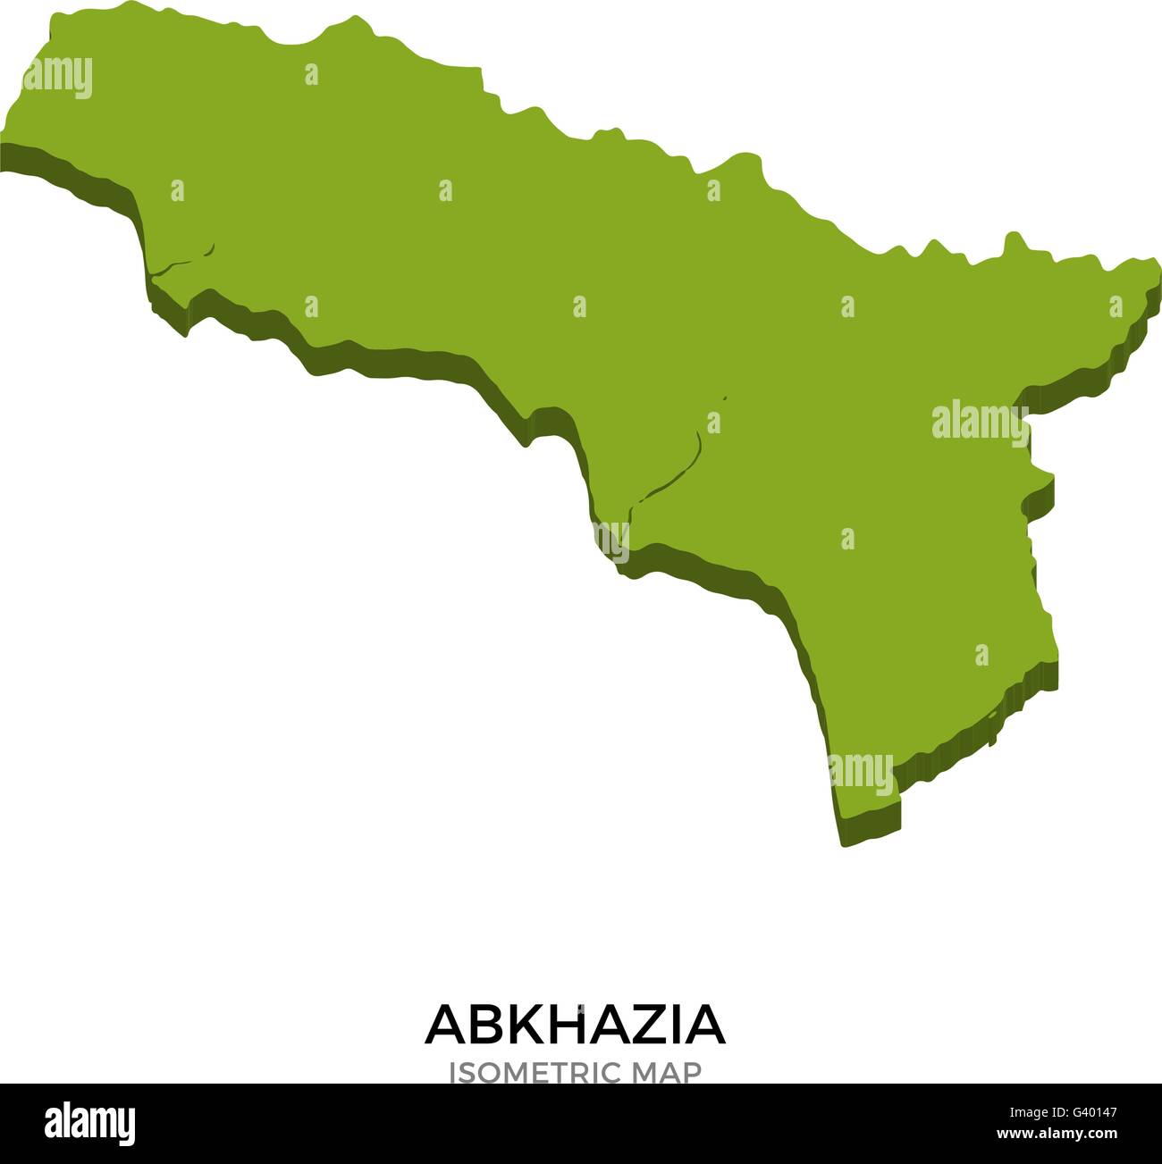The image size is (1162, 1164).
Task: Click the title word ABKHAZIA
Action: pyautogui.click(x=575, y=1025)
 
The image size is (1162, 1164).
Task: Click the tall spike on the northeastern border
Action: pyautogui.click(x=1013, y=239)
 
